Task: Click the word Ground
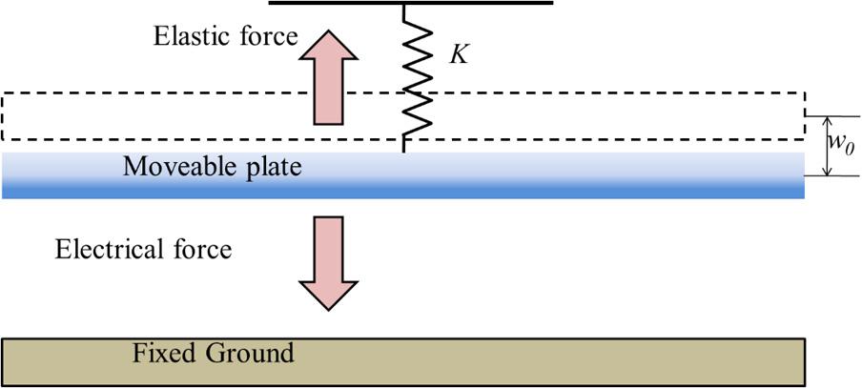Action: click(x=248, y=354)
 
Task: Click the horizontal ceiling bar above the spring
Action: click(x=411, y=3)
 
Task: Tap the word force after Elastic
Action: click(x=267, y=37)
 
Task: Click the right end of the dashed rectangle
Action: click(x=806, y=116)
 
